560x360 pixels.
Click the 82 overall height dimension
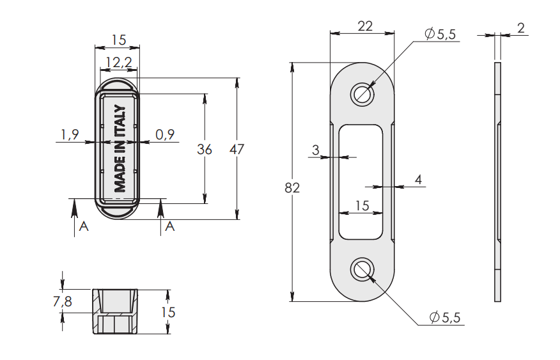point(292,188)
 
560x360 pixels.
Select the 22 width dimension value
point(365,26)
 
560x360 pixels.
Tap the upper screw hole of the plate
point(362,94)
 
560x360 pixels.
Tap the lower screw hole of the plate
point(362,270)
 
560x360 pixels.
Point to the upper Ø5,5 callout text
point(440,34)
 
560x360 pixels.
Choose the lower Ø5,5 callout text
point(445,317)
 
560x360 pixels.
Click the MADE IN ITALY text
point(120,148)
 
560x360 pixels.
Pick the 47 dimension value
point(237,149)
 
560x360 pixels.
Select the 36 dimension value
point(205,149)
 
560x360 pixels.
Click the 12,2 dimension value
point(119,63)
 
